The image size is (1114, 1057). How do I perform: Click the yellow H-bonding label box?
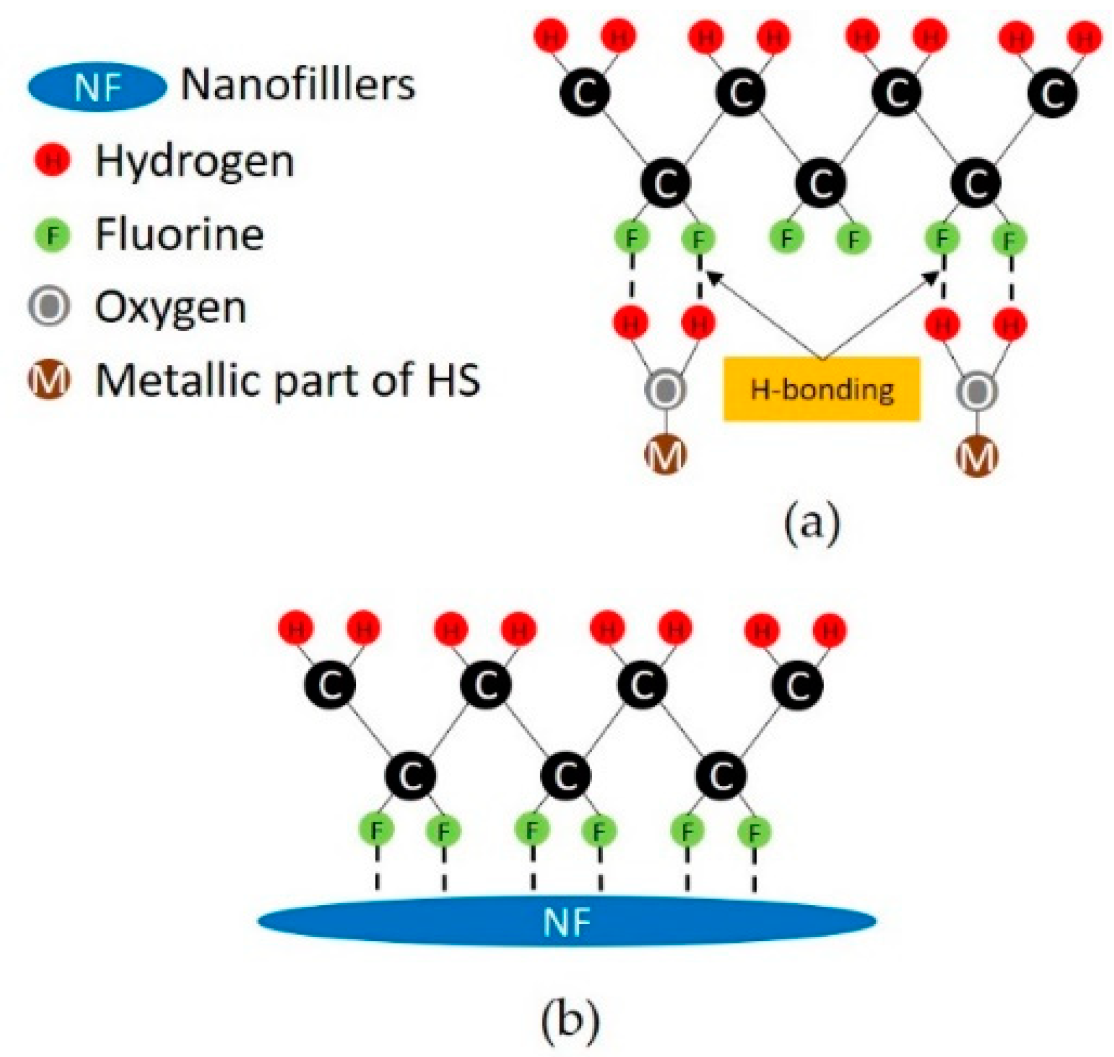click(822, 389)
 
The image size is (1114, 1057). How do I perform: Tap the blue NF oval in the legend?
click(97, 87)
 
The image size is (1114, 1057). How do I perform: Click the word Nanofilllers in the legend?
click(298, 85)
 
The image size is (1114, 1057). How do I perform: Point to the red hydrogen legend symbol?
click(53, 161)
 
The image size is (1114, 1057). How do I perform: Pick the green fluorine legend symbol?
click(53, 235)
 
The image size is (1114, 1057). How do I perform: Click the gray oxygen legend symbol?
click(50, 307)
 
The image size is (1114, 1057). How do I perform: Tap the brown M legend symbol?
click(50, 381)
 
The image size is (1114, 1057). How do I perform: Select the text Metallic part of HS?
click(288, 381)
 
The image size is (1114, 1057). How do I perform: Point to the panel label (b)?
click(570, 1021)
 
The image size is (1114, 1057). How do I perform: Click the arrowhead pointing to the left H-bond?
click(713, 277)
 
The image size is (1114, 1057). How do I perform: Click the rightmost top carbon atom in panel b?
click(797, 685)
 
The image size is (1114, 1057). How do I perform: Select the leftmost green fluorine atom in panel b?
click(377, 831)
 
